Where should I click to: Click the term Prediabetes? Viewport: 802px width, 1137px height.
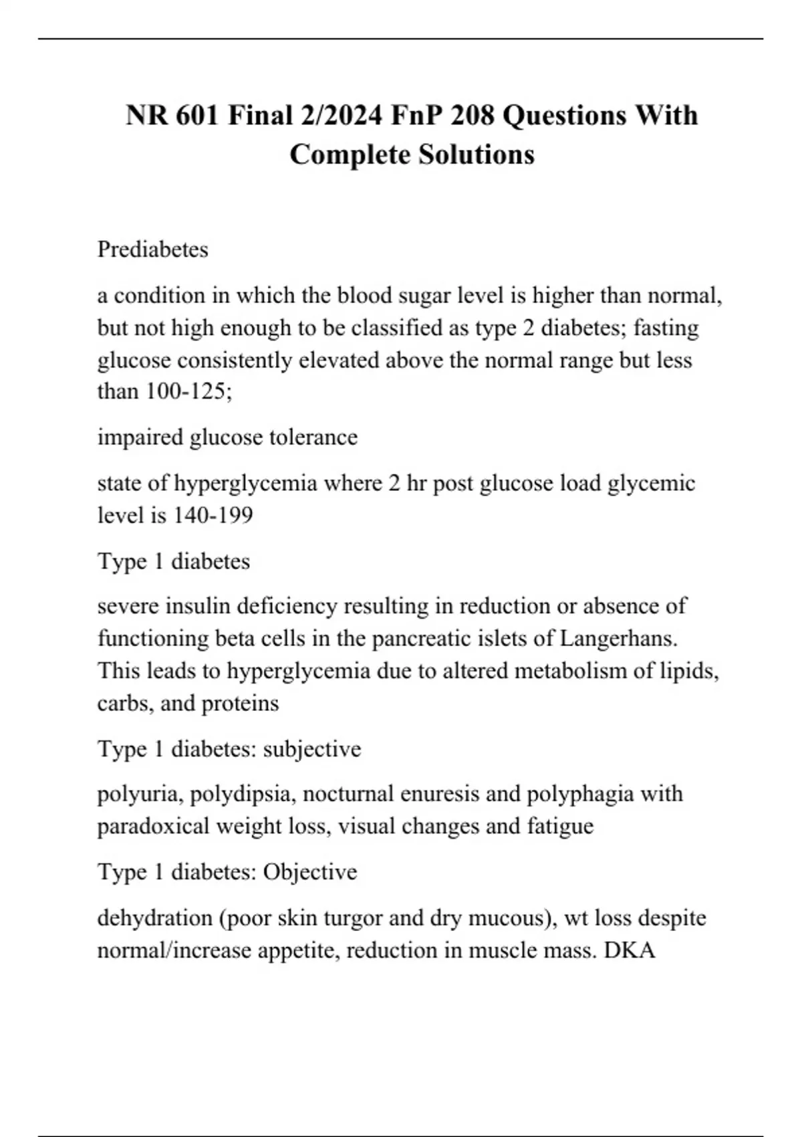(153, 249)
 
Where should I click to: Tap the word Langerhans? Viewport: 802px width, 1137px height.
(618, 638)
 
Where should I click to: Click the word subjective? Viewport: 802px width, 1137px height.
(312, 748)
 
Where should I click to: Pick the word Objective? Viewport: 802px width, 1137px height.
(310, 872)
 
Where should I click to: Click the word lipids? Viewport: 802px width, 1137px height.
(688, 670)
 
